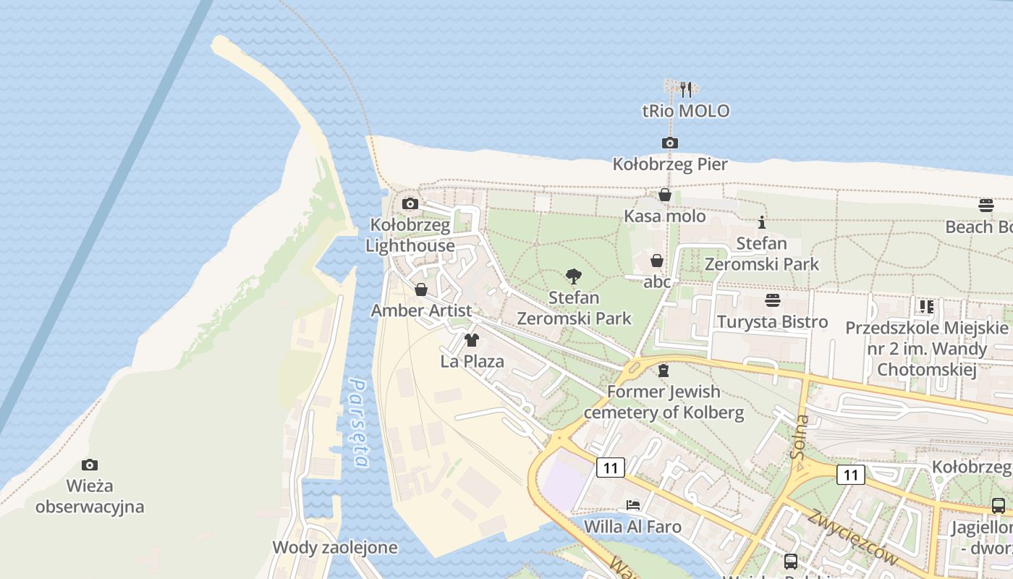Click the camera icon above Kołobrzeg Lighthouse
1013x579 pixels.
(410, 203)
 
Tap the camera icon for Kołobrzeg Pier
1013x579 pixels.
(669, 143)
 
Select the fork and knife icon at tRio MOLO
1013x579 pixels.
(686, 90)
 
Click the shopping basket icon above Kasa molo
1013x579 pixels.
(664, 195)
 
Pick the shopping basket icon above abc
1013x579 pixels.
(657, 261)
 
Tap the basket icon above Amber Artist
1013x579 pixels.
(421, 289)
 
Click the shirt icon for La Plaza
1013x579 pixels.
(472, 339)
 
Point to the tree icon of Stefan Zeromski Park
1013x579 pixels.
(574, 276)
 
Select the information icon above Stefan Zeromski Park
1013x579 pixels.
(761, 223)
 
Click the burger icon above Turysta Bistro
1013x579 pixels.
(772, 300)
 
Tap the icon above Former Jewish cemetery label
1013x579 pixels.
(663, 371)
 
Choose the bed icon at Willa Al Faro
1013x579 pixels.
(633, 504)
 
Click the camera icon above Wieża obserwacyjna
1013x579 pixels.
(90, 465)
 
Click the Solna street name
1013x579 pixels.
(800, 437)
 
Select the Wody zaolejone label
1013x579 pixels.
(335, 547)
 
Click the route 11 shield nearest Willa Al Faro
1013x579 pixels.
(611, 468)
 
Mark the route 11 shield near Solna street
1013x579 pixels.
(850, 475)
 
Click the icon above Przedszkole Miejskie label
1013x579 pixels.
(926, 307)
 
